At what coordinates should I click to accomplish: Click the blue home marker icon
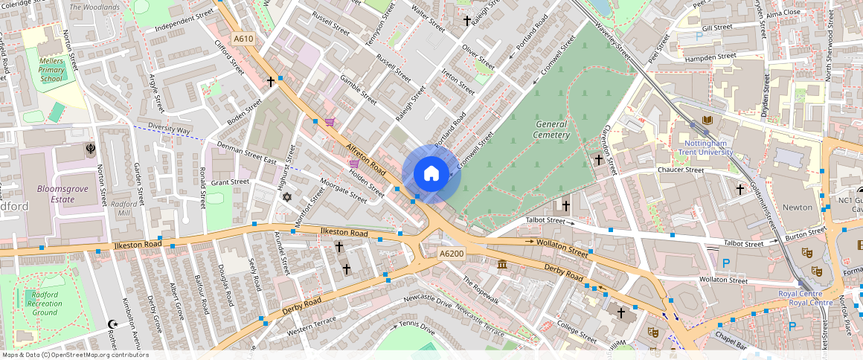tap(431, 174)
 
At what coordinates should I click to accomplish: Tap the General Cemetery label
tap(551, 130)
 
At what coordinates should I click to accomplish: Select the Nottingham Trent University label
tap(705, 147)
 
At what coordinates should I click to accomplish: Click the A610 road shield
tap(243, 39)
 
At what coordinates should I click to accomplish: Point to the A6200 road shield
tap(451, 254)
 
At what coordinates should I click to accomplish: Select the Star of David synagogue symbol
tap(287, 197)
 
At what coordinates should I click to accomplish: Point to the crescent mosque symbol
tap(113, 324)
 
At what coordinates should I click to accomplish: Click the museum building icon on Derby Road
tap(502, 265)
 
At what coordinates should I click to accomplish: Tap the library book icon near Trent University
tap(706, 120)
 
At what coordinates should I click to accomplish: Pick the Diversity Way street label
tap(169, 129)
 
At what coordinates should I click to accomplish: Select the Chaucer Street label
tap(680, 170)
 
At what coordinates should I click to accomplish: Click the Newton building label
tap(798, 208)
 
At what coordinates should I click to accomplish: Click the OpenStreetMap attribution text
tap(74, 355)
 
